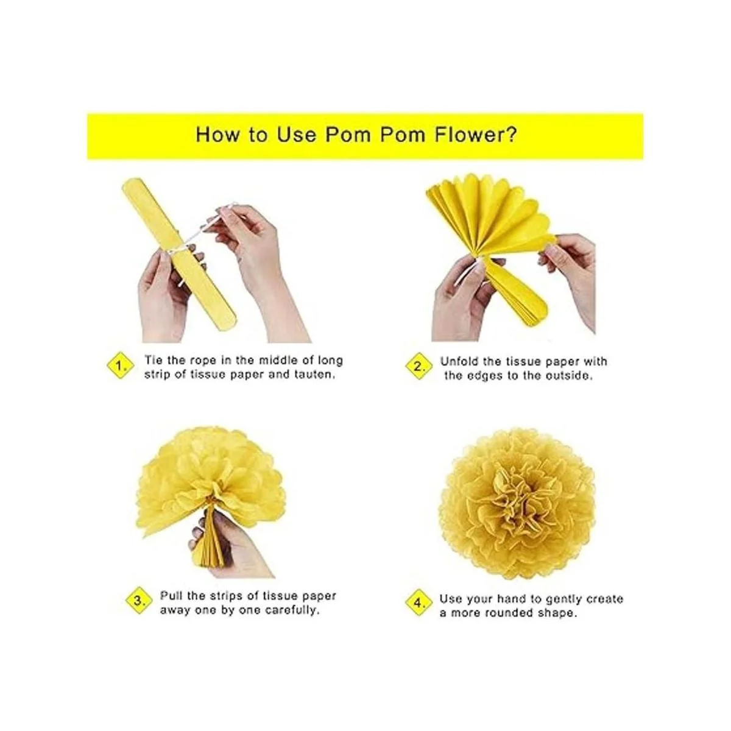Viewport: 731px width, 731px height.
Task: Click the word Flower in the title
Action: [476, 134]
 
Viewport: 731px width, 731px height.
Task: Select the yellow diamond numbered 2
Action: [418, 367]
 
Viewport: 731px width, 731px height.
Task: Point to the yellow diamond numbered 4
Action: [418, 602]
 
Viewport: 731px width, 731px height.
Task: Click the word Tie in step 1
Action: [154, 360]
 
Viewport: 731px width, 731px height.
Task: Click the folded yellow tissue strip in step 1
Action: [180, 253]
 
